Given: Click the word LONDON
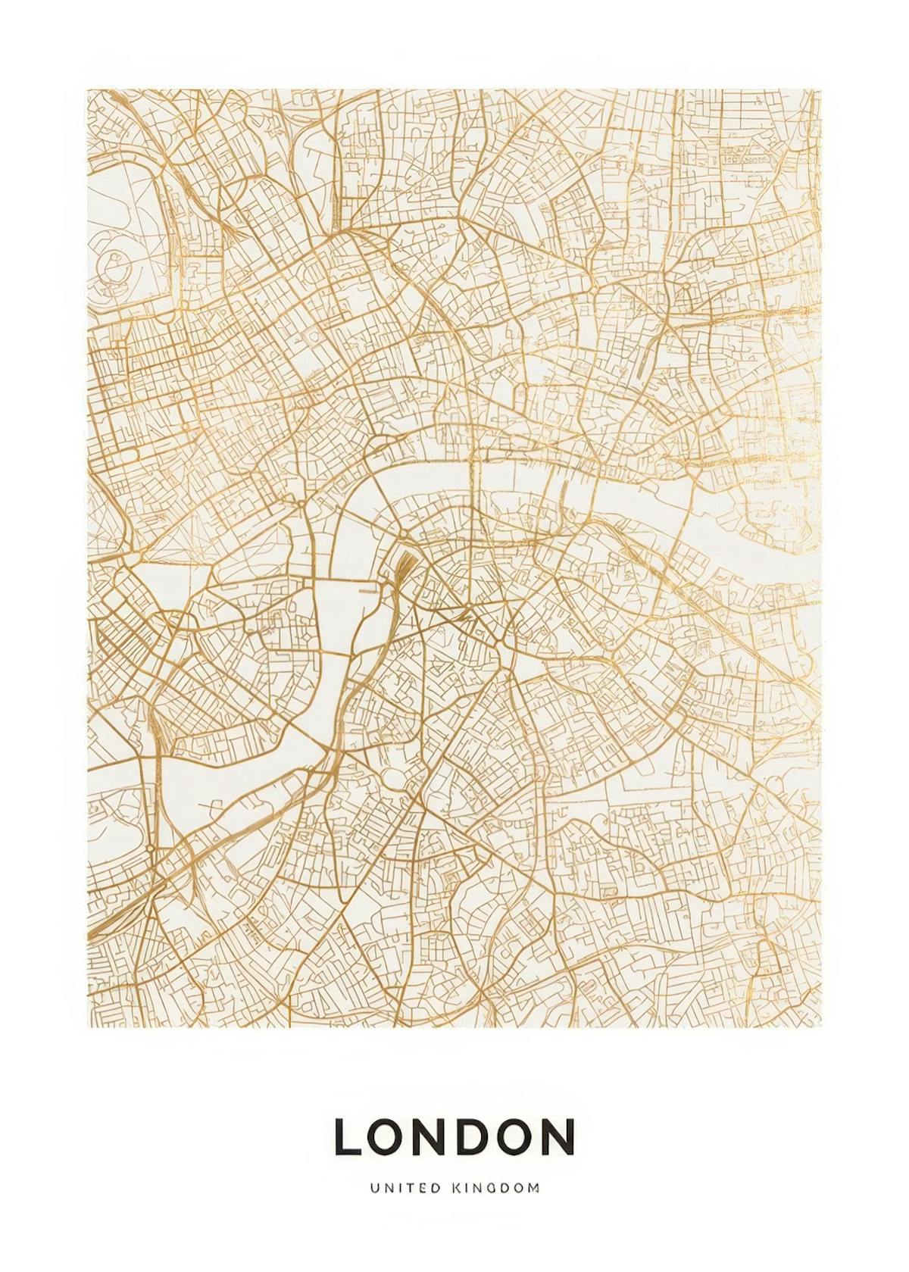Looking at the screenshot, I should click(454, 1136).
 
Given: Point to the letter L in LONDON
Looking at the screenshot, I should click(348, 1136).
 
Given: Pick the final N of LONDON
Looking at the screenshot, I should click(559, 1136).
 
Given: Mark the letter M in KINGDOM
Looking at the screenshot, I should click(534, 1189).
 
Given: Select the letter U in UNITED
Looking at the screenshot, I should click(374, 1189).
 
